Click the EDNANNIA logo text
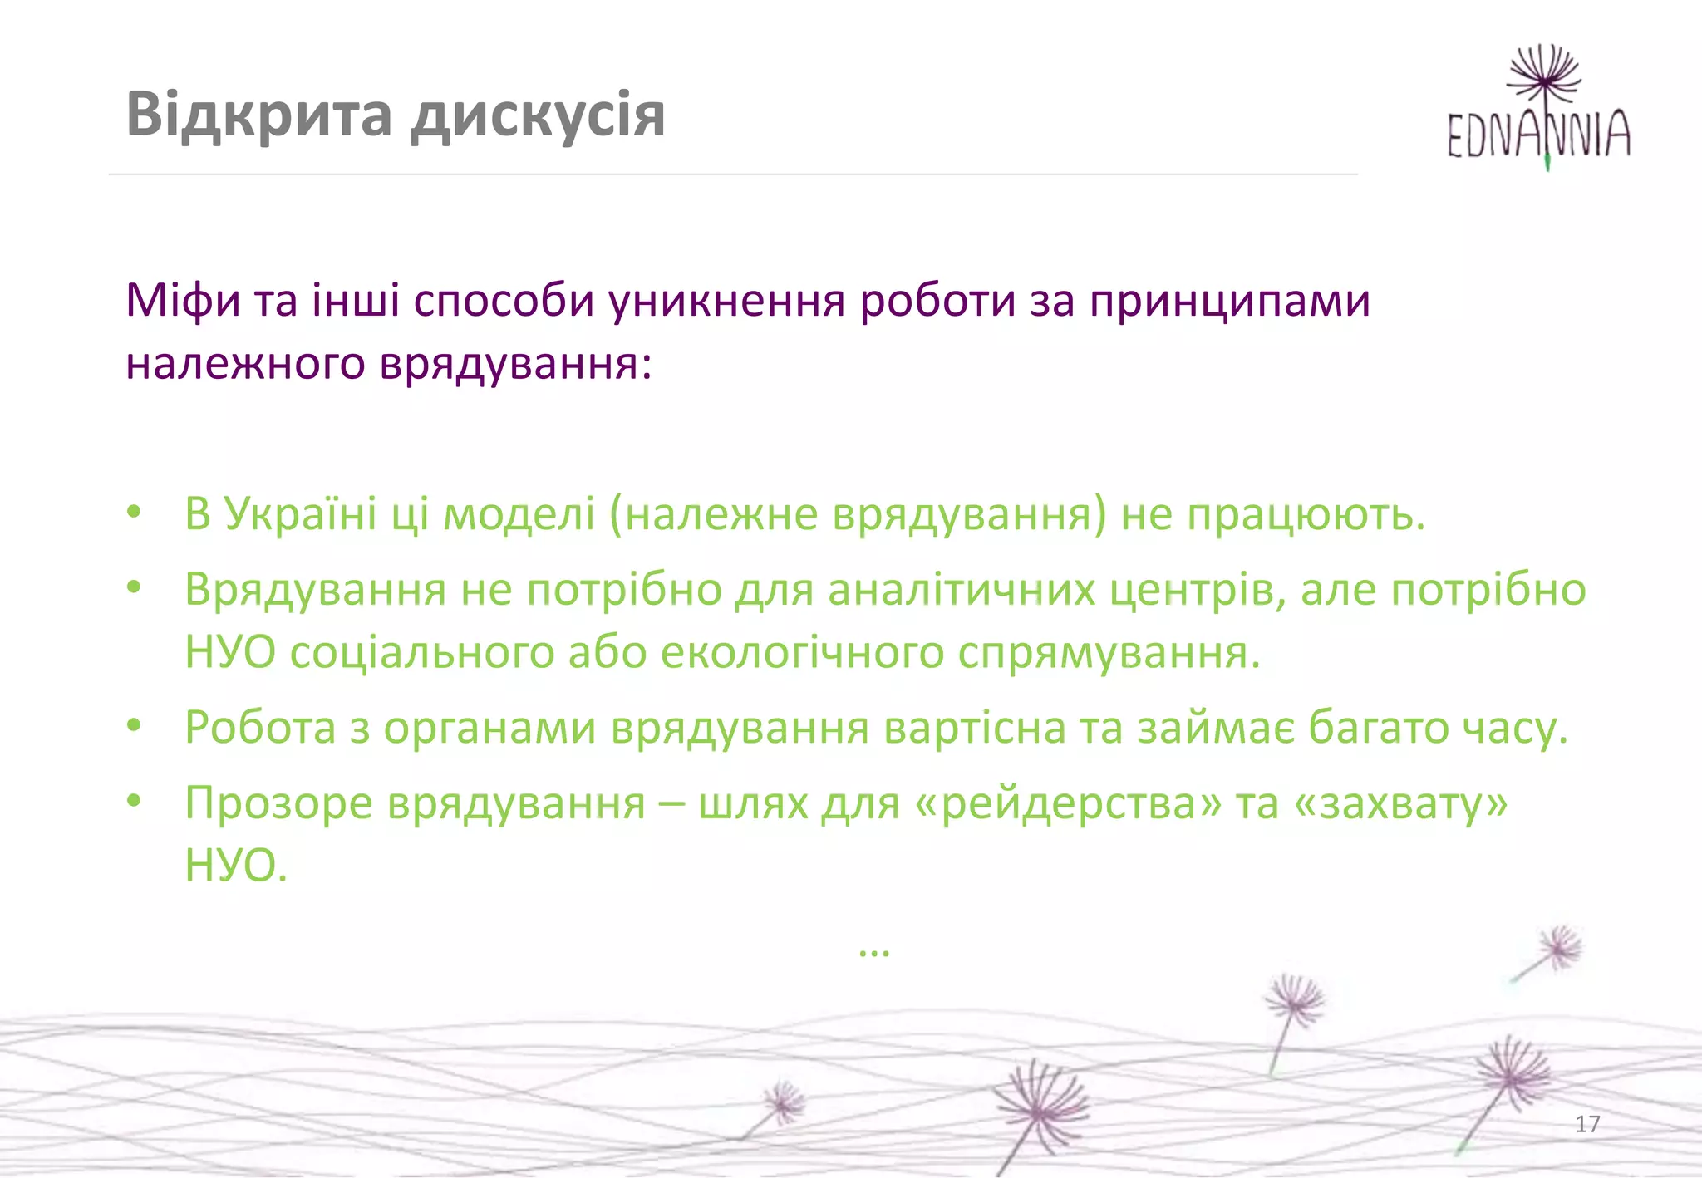[x=1538, y=135]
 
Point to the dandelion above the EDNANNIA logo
[x=1543, y=72]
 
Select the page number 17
[x=1587, y=1124]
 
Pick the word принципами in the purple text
[x=1230, y=301]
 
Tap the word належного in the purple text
[x=245, y=364]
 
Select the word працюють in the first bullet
[x=1305, y=515]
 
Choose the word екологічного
[x=802, y=653]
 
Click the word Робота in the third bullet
[x=260, y=728]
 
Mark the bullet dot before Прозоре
[x=134, y=801]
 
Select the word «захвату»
[x=1400, y=804]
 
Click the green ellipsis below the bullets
[x=873, y=950]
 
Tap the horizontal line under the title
[x=731, y=174]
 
